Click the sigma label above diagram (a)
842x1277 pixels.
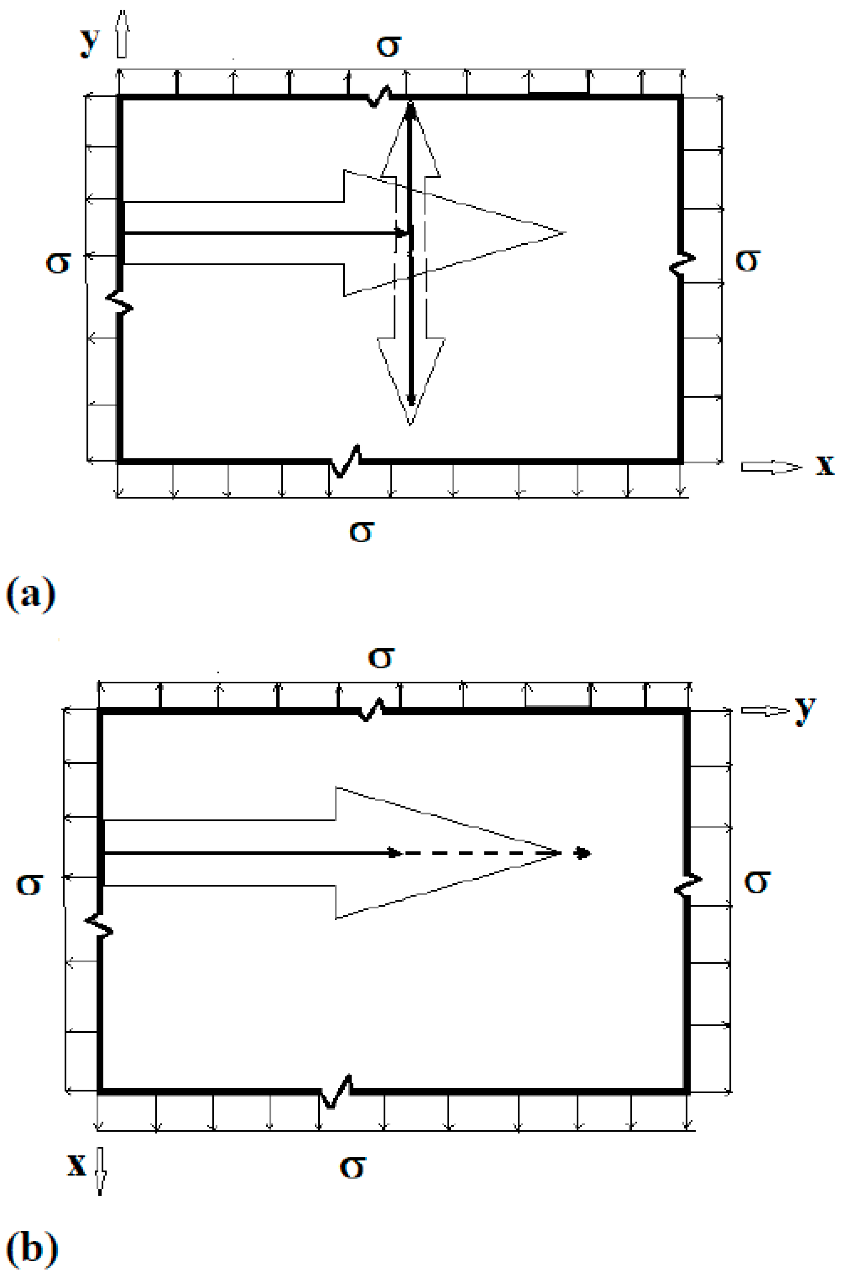(388, 46)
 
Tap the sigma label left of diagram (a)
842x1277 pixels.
(58, 263)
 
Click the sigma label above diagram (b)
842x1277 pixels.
(381, 658)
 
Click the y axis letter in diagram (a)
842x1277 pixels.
(89, 41)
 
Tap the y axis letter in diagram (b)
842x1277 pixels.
(805, 711)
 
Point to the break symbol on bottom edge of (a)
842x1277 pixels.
(345, 460)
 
